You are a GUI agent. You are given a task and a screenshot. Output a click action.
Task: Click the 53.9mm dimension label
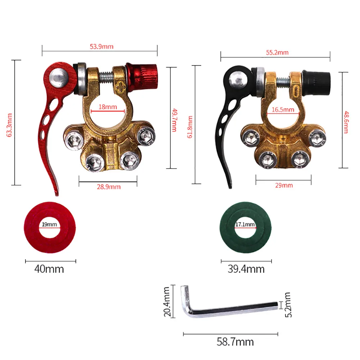click(x=100, y=46)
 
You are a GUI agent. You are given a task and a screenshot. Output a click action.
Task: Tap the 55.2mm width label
click(x=277, y=53)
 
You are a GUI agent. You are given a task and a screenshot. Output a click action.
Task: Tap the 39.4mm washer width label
click(x=246, y=269)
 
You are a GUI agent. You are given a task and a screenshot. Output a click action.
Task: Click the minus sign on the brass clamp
click(x=296, y=87)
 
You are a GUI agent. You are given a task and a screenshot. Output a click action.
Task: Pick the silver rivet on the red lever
click(x=59, y=77)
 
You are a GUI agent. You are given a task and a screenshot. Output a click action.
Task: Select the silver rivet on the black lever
click(x=238, y=79)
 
